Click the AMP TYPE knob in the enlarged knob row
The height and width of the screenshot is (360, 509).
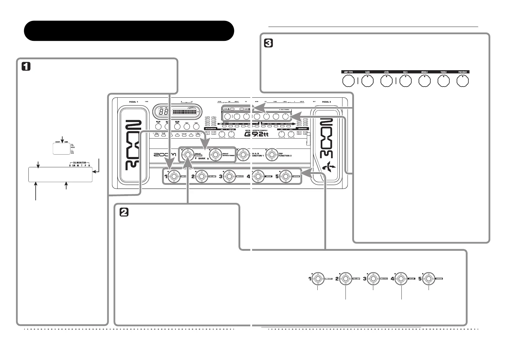pos(349,81)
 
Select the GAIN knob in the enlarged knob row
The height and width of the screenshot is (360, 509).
pos(367,81)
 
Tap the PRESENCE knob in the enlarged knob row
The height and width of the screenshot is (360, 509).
pos(462,81)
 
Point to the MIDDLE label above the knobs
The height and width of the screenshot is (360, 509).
pos(424,72)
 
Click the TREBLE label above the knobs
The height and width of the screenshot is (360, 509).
pos(443,72)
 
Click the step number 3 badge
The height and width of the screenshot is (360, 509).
pos(268,44)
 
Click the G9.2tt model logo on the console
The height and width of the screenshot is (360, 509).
pos(257,134)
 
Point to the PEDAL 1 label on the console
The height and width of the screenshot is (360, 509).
pos(133,102)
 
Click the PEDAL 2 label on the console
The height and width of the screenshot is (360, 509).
pos(326,102)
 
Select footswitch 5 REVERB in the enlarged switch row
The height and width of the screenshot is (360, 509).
pos(429,279)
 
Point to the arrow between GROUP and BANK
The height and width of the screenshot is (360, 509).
pos(62,139)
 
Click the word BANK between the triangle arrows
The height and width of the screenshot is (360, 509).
pos(202,158)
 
